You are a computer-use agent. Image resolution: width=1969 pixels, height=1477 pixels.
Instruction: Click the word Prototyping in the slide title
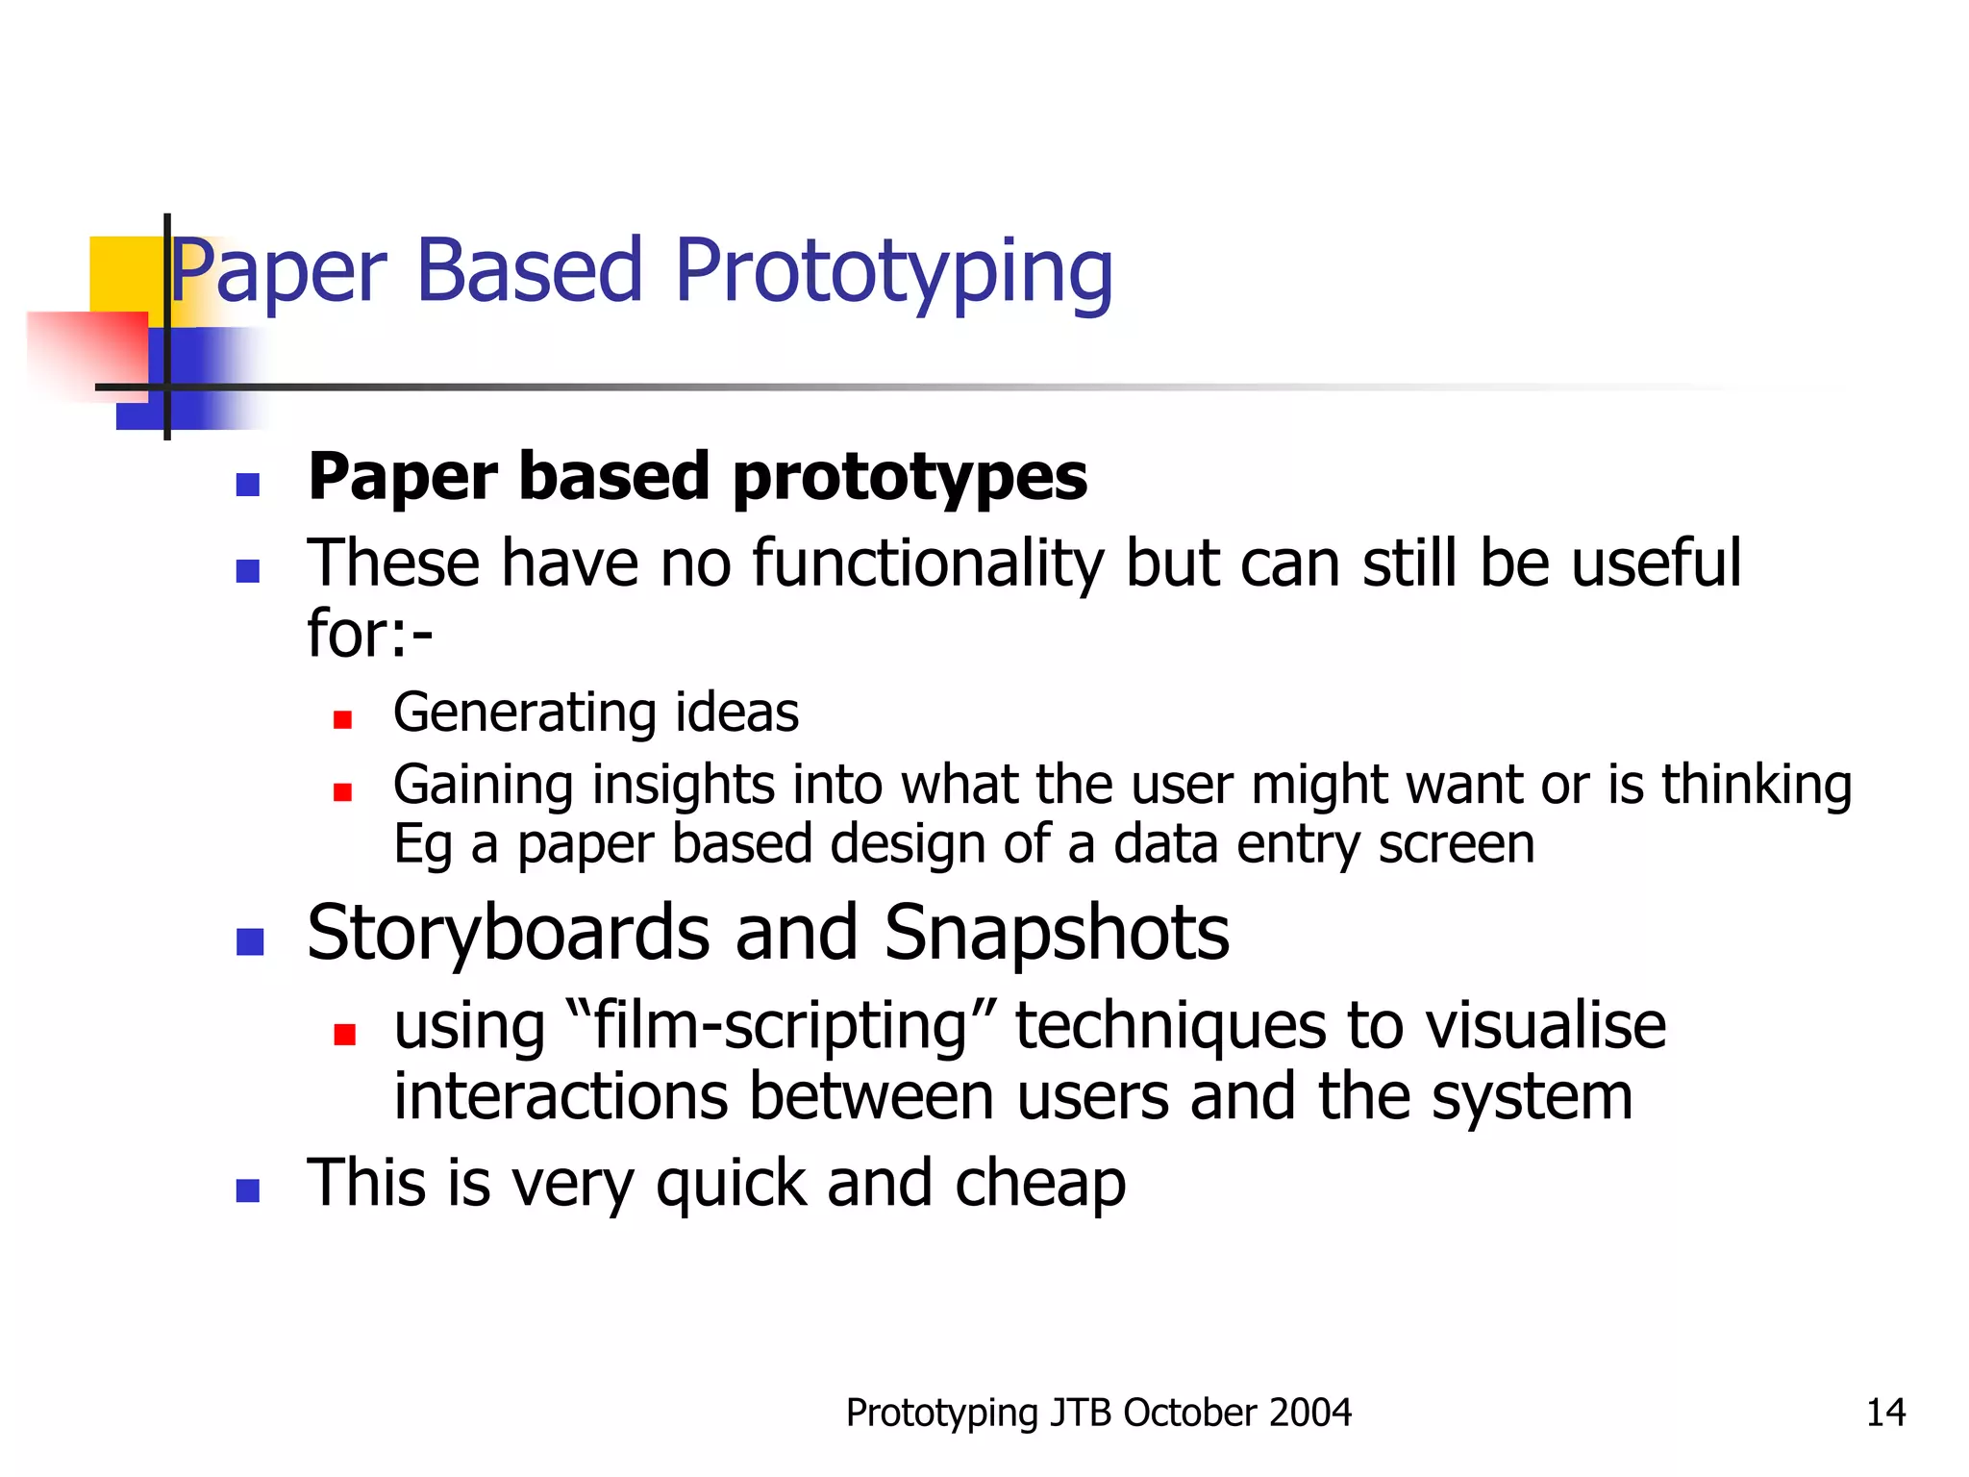point(894,272)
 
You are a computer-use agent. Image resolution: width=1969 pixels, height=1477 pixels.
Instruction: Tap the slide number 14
point(1884,1413)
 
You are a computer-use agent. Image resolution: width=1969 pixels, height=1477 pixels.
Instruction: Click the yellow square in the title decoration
point(125,273)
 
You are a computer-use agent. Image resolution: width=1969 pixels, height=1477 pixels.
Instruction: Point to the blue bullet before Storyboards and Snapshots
point(250,941)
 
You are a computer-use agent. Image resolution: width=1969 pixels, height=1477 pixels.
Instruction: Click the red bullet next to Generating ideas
point(342,719)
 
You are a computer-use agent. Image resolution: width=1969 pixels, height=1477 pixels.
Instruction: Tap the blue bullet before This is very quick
point(248,1190)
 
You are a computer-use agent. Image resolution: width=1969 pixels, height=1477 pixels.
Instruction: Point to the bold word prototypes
point(909,478)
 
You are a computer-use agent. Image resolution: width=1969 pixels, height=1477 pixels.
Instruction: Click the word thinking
point(1756,785)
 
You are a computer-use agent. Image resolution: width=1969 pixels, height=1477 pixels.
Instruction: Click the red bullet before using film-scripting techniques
point(344,1034)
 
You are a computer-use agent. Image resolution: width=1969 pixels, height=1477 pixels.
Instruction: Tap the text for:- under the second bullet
point(370,634)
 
